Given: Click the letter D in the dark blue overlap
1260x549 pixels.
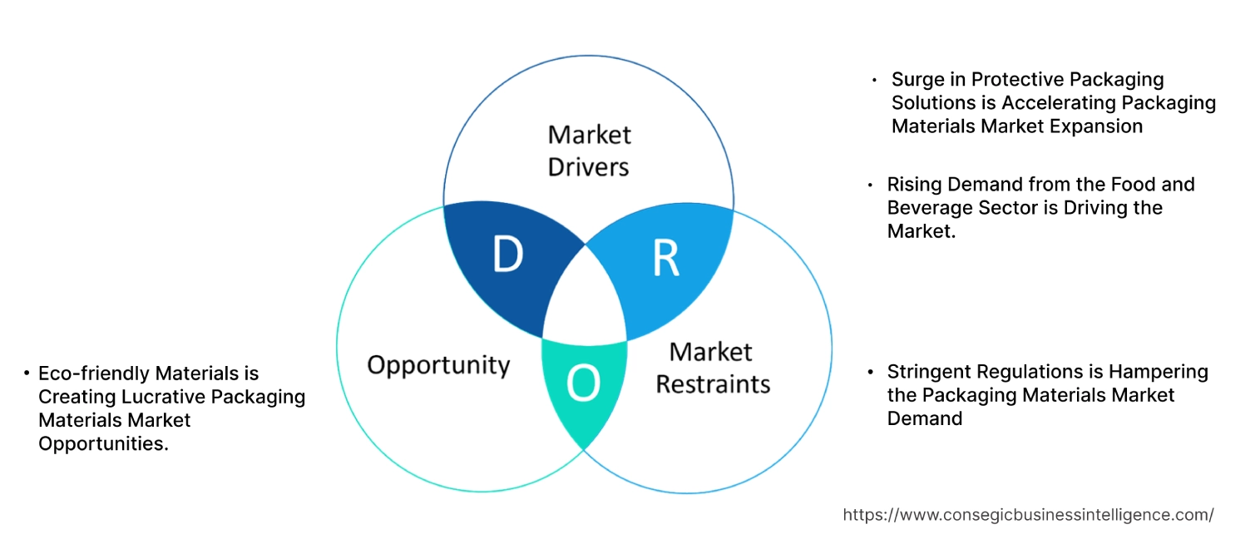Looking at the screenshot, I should tap(507, 255).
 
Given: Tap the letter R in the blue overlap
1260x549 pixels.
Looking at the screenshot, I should tap(665, 259).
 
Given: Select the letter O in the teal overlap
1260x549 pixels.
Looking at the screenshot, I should tap(582, 383).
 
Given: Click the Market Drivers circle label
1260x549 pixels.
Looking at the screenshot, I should tap(588, 151).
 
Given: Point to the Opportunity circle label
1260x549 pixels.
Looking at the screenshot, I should tap(438, 364).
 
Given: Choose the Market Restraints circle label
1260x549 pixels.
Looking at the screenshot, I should tap(713, 368).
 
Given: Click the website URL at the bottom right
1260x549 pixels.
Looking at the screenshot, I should tap(1028, 515).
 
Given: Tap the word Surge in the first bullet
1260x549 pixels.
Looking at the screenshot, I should tap(917, 80).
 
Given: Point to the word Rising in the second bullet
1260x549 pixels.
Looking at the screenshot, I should tap(913, 184).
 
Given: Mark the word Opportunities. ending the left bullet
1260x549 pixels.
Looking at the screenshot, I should tap(103, 443).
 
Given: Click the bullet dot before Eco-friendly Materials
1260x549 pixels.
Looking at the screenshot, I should tap(27, 374).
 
